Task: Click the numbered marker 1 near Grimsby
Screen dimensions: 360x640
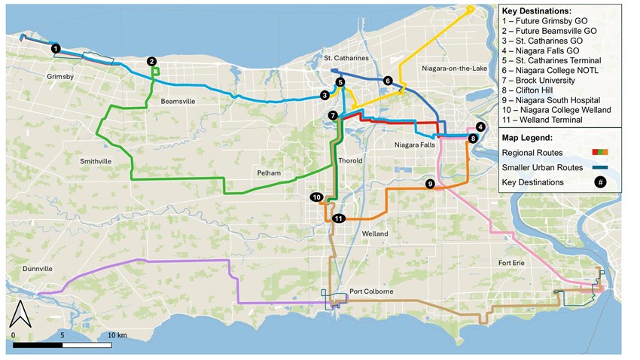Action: click(x=56, y=48)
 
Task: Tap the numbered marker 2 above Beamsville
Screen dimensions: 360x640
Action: click(x=151, y=61)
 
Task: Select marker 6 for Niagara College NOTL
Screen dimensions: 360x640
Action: click(x=388, y=80)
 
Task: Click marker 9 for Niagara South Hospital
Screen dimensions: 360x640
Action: click(x=429, y=183)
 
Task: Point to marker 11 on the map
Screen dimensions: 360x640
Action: click(x=339, y=218)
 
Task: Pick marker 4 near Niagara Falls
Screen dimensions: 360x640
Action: click(x=480, y=127)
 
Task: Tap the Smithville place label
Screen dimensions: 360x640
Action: click(x=99, y=161)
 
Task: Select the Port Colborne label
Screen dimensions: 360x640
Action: click(x=367, y=291)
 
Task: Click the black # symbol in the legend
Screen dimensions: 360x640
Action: click(x=600, y=182)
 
